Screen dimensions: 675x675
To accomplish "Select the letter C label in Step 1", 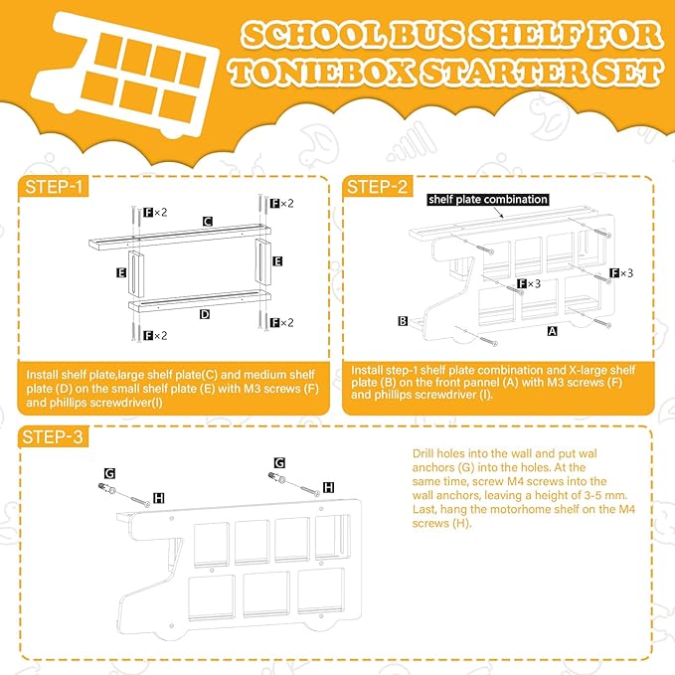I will click(207, 222).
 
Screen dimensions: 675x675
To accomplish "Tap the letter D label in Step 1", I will click(205, 313).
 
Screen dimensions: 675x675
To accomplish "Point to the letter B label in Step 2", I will click(403, 321).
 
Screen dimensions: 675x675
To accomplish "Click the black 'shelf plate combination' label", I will click(488, 199).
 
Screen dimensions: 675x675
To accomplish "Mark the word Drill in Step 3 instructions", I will click(425, 452).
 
